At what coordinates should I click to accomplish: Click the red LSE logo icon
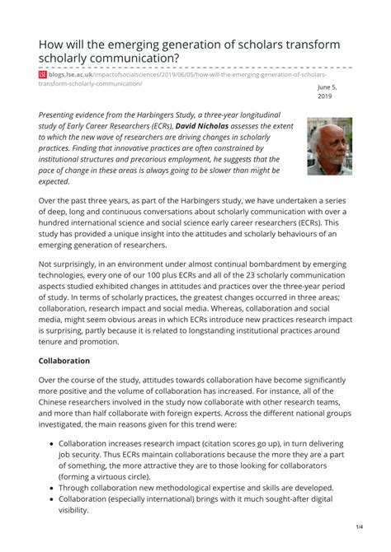(43, 74)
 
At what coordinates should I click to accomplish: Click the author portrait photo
(329, 146)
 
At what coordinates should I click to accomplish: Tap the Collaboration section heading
(75, 361)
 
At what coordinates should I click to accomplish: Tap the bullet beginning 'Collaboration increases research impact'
(50, 442)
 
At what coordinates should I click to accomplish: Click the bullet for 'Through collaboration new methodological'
(50, 487)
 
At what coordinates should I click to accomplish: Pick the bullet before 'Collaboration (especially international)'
(50, 498)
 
